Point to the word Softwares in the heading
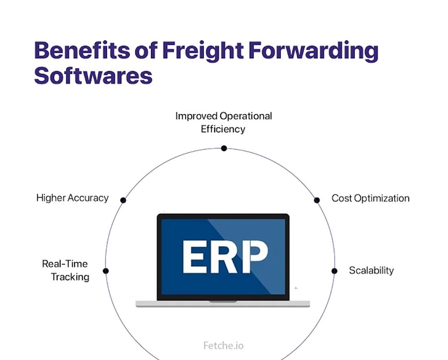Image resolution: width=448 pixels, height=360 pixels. coord(93,75)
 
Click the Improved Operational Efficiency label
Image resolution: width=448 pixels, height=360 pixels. coord(224,122)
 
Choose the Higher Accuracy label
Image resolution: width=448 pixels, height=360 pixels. coord(72,197)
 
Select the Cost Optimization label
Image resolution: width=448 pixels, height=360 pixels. coord(370,198)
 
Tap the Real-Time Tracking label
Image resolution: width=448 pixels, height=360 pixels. coord(66,270)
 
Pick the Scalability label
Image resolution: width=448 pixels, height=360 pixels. coord(371,270)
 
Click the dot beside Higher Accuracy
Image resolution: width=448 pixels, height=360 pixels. coord(123,200)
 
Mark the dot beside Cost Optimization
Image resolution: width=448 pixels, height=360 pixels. coord(317,200)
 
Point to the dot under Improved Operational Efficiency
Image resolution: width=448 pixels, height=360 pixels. coord(224,148)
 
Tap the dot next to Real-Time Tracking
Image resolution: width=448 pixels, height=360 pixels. coord(106,271)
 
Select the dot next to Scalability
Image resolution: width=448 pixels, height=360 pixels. coord(334,271)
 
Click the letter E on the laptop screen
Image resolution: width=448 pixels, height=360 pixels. coord(194,257)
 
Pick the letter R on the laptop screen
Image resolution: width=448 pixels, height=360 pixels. coord(223,257)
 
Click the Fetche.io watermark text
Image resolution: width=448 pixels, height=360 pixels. coord(223,346)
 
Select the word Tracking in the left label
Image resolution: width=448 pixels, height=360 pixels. coord(70,277)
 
